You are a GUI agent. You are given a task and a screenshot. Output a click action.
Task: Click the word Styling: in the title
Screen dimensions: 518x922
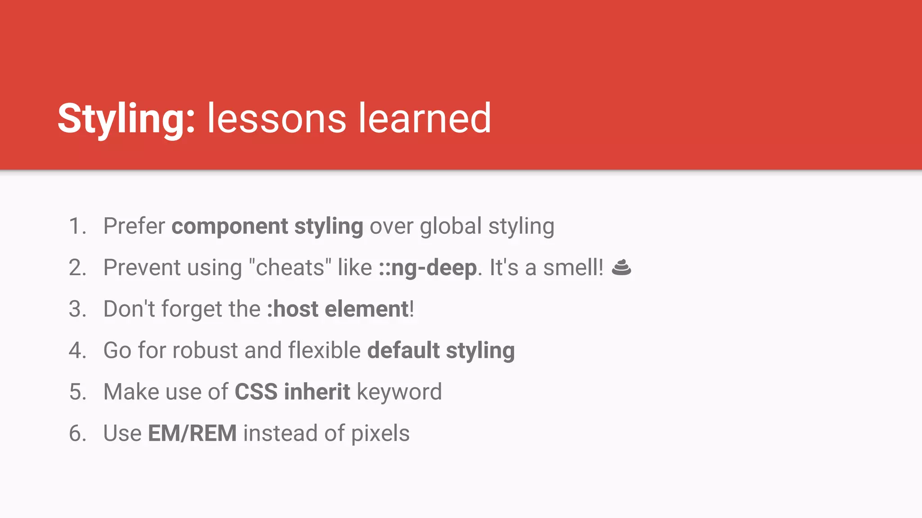point(126,119)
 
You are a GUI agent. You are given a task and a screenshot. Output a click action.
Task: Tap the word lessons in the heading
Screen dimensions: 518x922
point(276,119)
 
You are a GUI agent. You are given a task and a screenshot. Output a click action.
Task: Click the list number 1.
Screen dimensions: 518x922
point(77,226)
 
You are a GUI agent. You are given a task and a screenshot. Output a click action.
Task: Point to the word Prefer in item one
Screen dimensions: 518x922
point(134,226)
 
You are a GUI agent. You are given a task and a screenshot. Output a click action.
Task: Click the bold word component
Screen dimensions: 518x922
point(230,226)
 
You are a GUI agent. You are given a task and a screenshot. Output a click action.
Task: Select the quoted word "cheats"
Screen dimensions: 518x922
point(290,268)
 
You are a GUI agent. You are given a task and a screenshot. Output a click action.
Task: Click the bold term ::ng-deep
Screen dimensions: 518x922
point(428,268)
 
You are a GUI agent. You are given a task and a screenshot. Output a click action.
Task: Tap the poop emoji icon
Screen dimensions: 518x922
point(622,268)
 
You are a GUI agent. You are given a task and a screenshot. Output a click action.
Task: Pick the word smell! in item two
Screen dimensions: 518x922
point(573,268)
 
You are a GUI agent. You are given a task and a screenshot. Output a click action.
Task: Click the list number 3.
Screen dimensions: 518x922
point(77,309)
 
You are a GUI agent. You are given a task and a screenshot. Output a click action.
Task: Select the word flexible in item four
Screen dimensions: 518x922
point(324,351)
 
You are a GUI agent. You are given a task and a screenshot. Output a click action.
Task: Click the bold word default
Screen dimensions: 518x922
point(403,351)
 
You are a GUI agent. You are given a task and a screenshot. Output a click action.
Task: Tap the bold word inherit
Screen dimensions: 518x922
point(317,392)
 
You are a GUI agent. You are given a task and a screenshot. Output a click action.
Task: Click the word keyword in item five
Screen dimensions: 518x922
point(399,392)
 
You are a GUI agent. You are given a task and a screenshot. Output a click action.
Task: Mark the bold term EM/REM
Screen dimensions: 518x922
point(192,433)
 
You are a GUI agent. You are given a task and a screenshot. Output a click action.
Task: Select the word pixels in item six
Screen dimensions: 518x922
point(380,433)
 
